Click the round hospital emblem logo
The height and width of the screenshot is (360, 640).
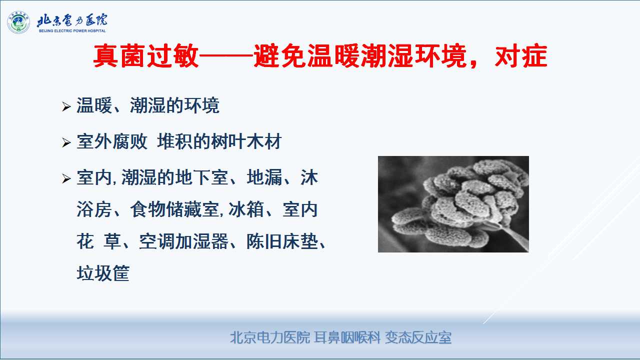tap(18, 22)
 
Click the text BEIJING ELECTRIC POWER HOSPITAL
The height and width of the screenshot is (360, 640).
tap(72, 30)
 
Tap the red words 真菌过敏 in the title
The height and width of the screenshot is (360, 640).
tap(145, 55)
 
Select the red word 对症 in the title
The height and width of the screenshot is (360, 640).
tap(521, 55)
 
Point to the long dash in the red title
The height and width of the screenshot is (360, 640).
tap(226, 55)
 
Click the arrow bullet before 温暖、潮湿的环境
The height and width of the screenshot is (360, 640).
tap(66, 106)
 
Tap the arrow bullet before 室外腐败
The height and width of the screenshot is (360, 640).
tap(66, 142)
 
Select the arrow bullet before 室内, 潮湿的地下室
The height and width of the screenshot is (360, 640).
tap(66, 178)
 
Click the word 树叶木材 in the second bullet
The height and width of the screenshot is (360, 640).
tap(246, 141)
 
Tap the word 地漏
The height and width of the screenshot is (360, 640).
tap(264, 177)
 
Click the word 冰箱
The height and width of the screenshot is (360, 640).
tap(246, 209)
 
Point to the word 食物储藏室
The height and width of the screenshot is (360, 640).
tap(174, 209)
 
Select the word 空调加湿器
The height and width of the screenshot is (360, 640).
tap(183, 241)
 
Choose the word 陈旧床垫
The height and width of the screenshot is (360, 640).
tap(282, 241)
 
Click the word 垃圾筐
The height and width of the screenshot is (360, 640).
tap(103, 273)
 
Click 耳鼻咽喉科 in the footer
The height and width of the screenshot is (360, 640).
tap(347, 337)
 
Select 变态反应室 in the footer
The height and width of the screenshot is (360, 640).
tap(418, 337)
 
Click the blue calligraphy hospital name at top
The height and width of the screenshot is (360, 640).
tap(72, 20)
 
